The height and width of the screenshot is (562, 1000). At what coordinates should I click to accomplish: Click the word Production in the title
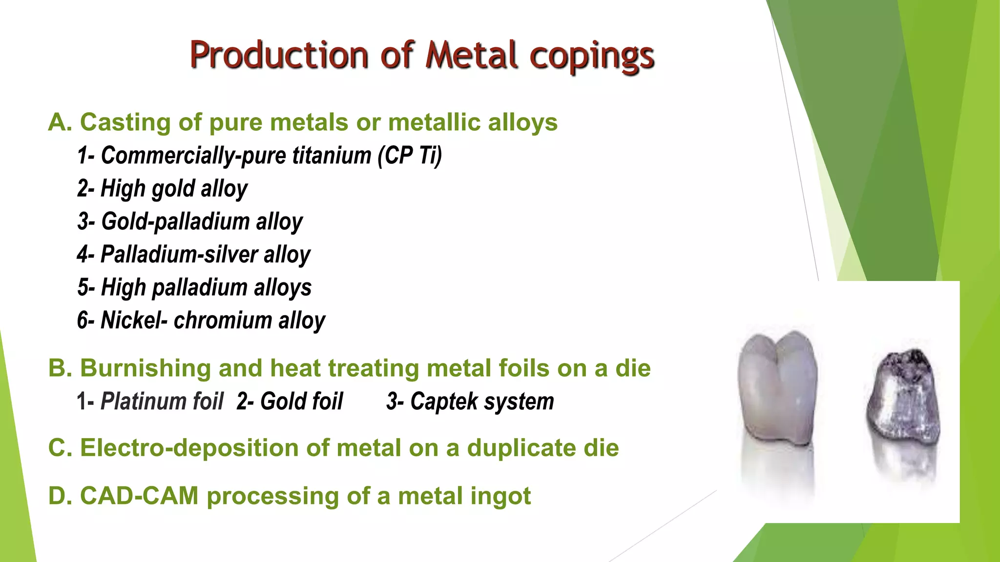[279, 55]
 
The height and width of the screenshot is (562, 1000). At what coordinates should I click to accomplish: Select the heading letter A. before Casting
[60, 122]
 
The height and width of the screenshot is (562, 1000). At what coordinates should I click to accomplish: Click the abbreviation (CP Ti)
[410, 156]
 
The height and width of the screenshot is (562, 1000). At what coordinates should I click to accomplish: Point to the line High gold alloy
[163, 189]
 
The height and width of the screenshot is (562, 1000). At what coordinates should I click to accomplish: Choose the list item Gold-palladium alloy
[190, 221]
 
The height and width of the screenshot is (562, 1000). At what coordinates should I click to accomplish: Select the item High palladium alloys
[194, 287]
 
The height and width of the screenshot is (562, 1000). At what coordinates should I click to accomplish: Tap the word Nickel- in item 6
[133, 321]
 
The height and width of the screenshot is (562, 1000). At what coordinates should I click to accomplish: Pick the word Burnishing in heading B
[145, 368]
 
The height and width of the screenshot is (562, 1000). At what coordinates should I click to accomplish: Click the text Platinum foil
[162, 401]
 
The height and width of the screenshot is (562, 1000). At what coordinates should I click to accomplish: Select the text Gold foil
[290, 401]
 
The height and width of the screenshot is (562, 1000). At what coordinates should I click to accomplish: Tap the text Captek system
[470, 401]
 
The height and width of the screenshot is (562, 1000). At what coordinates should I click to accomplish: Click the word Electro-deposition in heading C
[189, 448]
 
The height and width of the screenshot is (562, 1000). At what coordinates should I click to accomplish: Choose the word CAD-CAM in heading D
[139, 496]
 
